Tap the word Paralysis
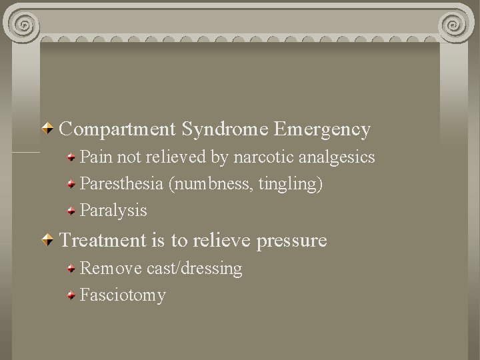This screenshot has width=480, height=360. [x=113, y=211]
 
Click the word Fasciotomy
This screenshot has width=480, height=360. [x=123, y=295]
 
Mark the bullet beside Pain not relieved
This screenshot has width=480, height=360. [x=71, y=157]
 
